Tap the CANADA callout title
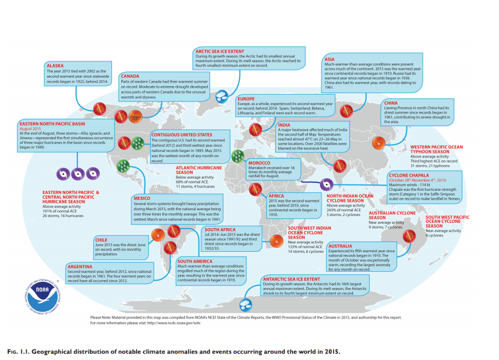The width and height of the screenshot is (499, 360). (130, 76)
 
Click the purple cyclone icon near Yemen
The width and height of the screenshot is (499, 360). (326, 184)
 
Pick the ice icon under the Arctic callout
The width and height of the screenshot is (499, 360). (223, 96)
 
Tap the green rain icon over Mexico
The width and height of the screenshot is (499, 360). (123, 166)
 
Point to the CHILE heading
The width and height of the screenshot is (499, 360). (101, 240)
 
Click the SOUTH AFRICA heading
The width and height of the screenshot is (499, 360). (220, 230)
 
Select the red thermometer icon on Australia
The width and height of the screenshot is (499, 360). (407, 237)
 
